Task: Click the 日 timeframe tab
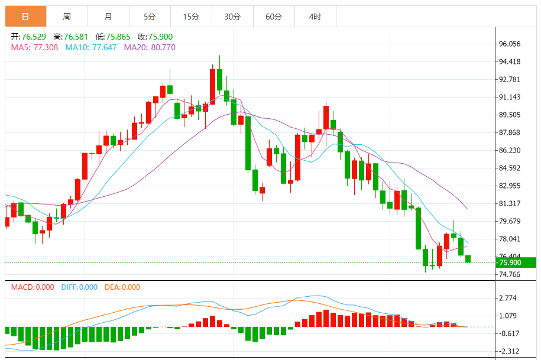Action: pyautogui.click(x=25, y=17)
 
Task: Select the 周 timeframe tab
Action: pyautogui.click(x=67, y=17)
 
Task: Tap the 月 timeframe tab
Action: pyautogui.click(x=108, y=17)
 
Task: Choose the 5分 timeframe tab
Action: pyautogui.click(x=150, y=17)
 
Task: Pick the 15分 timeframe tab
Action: pyautogui.click(x=191, y=17)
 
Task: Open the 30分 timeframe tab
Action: pyautogui.click(x=232, y=17)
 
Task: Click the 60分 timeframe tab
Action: pyautogui.click(x=274, y=17)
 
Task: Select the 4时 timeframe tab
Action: pyautogui.click(x=315, y=17)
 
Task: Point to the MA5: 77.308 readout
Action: pyautogui.click(x=34, y=47)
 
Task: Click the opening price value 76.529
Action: pyautogui.click(x=33, y=37)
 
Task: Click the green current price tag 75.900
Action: pyautogui.click(x=515, y=262)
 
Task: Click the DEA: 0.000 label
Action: pyautogui.click(x=122, y=287)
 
